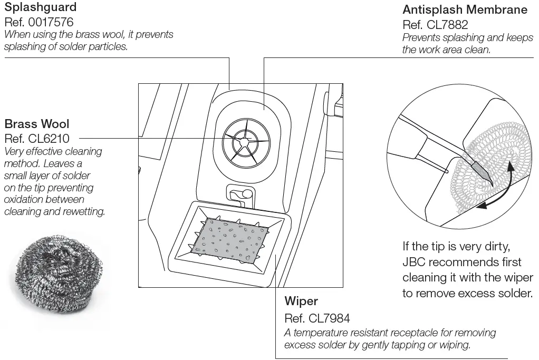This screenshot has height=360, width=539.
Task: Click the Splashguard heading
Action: coord(40,8)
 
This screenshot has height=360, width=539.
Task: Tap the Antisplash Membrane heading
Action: coord(465,9)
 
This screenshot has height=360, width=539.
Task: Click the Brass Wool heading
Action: coord(36,124)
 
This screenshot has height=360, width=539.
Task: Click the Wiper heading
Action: coord(301,301)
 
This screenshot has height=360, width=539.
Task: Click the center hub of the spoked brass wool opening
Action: coord(244,141)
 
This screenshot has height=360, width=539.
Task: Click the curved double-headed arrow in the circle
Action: coord(498,191)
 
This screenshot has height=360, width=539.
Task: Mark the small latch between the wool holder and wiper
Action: coord(240,193)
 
